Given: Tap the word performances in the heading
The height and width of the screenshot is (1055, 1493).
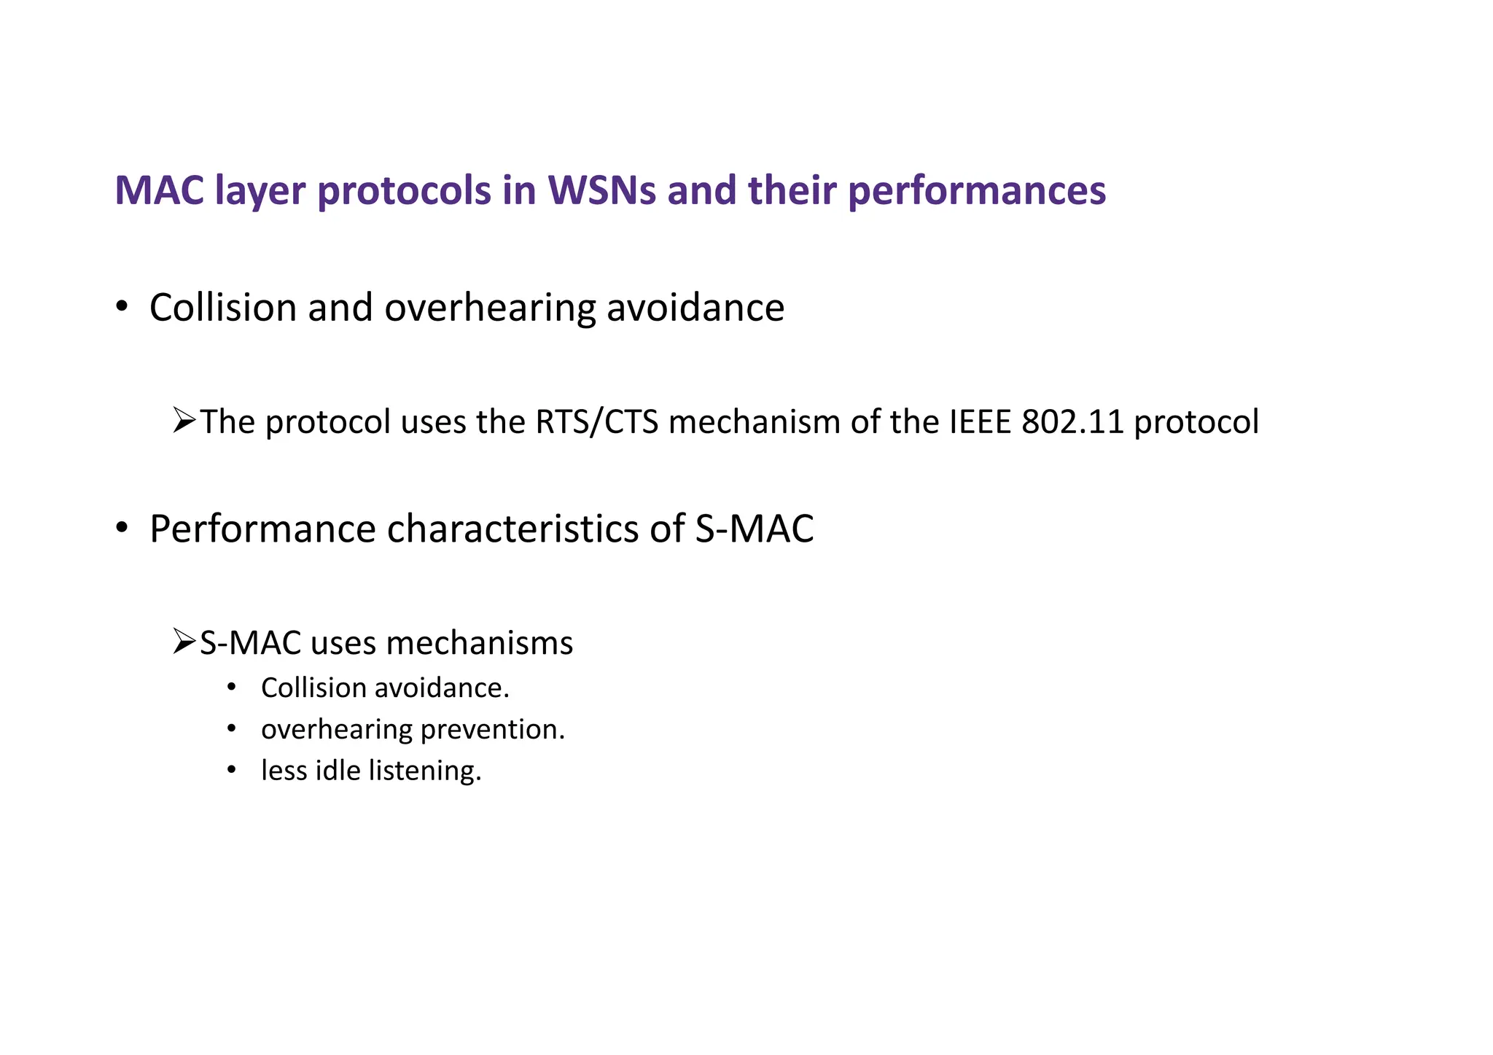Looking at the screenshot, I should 977,190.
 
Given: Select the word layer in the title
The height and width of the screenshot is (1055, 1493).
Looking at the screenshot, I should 260,192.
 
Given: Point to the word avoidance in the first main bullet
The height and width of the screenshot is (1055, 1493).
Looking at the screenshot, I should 695,308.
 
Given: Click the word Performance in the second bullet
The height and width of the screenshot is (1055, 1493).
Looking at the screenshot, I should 262,529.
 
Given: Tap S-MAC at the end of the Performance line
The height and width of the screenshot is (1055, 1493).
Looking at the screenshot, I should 754,529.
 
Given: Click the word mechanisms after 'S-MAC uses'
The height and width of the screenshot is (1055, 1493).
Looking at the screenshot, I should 480,643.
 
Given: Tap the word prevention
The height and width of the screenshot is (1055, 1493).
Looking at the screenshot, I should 493,730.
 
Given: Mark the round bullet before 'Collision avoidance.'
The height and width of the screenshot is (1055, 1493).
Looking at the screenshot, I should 232,687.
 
